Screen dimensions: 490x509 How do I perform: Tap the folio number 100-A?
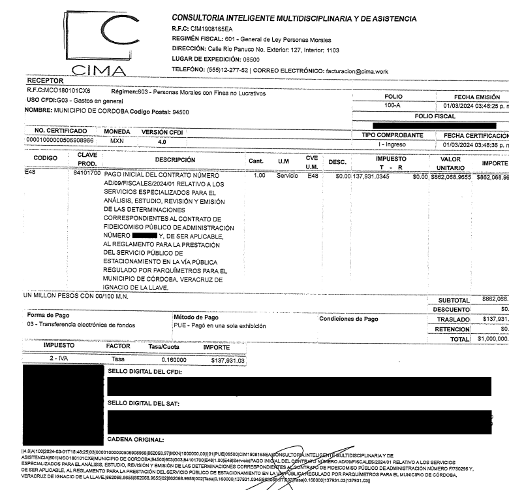click(393, 104)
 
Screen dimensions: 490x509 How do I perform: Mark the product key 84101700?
click(89, 175)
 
